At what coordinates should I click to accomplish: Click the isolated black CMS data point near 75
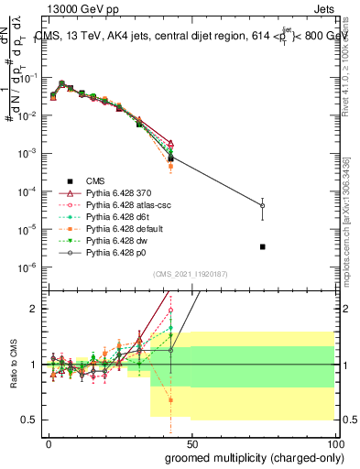263,246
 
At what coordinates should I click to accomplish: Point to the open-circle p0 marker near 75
263,205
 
